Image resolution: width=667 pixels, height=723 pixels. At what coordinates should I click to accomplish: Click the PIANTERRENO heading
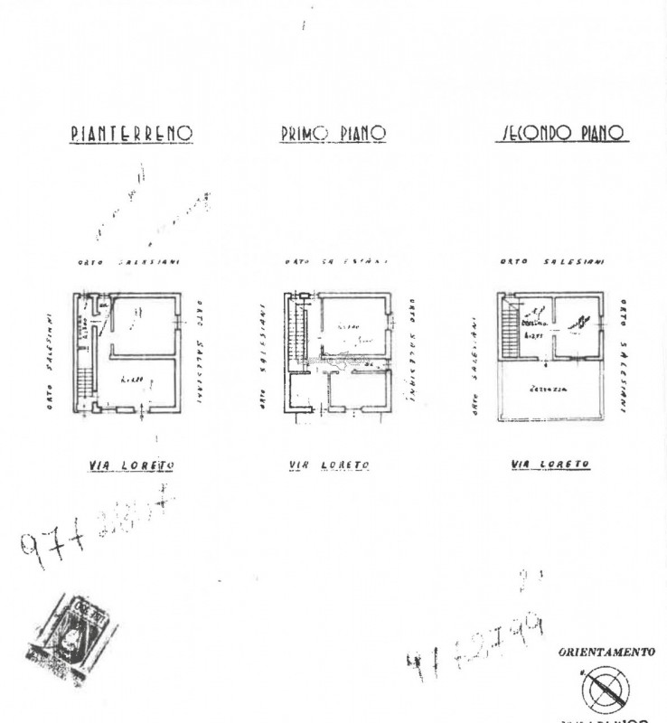131,134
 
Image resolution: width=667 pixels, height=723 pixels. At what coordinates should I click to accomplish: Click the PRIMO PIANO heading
333,134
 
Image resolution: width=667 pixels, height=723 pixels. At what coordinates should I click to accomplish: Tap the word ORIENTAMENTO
606,653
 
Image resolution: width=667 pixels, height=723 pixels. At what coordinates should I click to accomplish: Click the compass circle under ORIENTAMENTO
606,691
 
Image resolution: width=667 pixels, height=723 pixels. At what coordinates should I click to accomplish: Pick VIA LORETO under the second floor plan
550,465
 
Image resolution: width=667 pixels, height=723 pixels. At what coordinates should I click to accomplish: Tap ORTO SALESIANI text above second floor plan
551,262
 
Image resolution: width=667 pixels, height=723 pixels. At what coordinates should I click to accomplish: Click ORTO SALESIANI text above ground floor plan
128,262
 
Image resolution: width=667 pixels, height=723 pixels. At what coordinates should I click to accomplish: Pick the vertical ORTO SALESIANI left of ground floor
50,361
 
